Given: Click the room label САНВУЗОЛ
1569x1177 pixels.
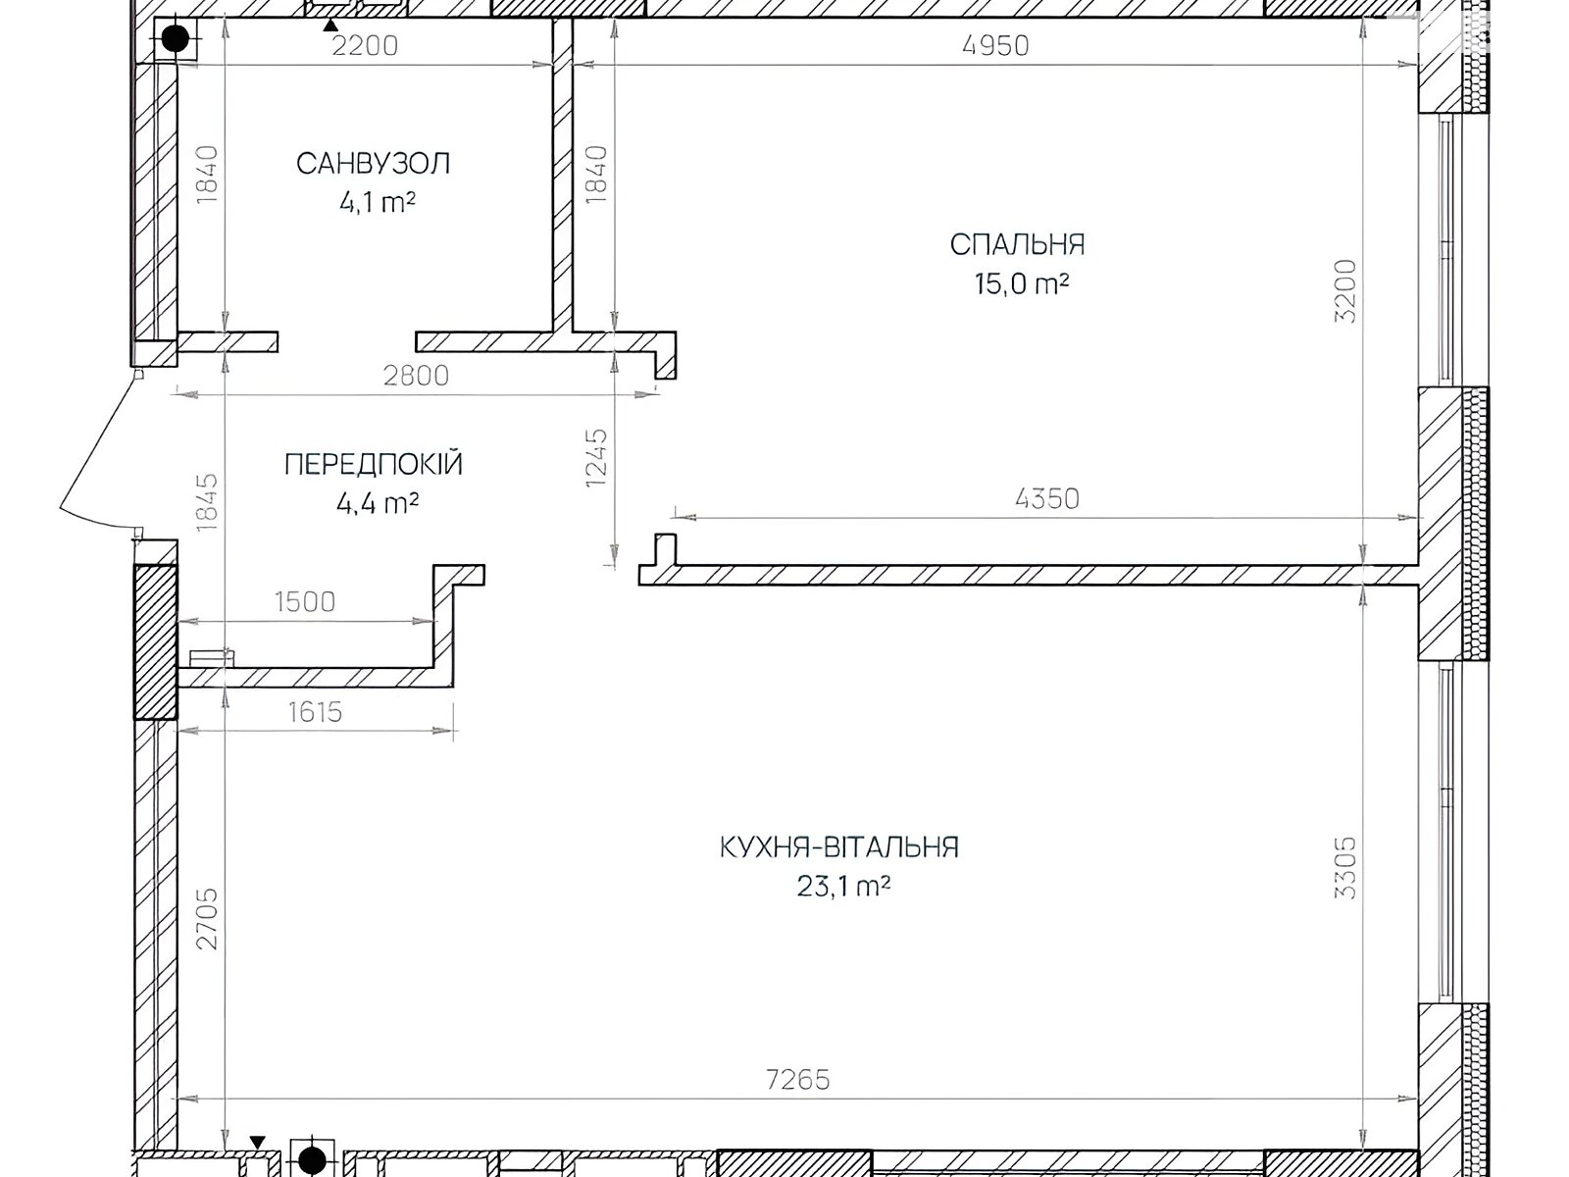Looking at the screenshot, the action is tap(374, 164).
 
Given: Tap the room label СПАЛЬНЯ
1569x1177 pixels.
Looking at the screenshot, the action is tap(1017, 245).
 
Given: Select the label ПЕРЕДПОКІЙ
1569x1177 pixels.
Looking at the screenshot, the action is tap(374, 465).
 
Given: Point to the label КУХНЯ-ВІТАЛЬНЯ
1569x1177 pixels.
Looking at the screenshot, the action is tap(839, 847).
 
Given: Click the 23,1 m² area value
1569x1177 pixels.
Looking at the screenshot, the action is tap(843, 888).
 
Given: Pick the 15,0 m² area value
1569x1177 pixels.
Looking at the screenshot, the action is tap(1022, 284).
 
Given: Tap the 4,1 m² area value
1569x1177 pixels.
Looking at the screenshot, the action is tap(378, 203).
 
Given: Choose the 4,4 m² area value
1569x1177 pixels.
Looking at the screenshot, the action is tap(378, 504).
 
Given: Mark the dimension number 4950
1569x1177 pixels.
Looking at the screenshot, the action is tap(995, 46).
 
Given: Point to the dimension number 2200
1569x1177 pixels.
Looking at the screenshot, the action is tap(365, 46).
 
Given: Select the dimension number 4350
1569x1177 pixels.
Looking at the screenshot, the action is tap(1046, 499).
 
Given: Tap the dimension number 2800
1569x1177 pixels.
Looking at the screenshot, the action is tap(416, 376).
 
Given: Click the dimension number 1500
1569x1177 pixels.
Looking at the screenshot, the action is tap(305, 602).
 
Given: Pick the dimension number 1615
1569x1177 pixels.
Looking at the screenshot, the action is tap(315, 712).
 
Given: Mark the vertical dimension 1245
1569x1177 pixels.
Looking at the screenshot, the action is tap(597, 458).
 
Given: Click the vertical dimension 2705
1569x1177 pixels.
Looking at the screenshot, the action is tap(207, 919).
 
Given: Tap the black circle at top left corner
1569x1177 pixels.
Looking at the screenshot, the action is tap(176, 39).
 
